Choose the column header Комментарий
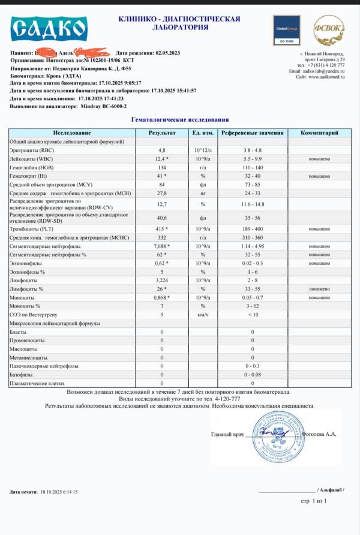pos(320,132)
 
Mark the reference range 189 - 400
pos(252,229)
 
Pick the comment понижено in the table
pos(319,289)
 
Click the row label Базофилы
pos(24,374)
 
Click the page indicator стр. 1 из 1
pos(313,500)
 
